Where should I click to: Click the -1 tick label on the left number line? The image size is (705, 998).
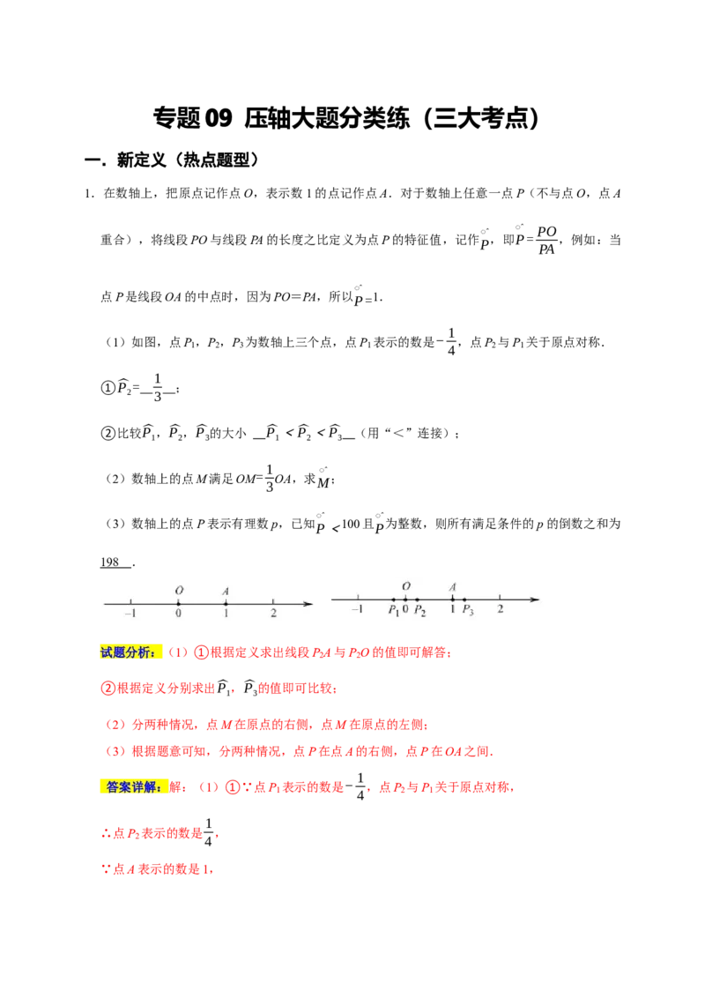click(x=130, y=613)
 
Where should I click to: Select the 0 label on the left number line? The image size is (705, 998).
click(x=178, y=613)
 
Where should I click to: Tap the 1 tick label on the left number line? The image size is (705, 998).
click(x=226, y=613)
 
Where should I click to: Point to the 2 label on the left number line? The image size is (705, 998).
click(x=273, y=613)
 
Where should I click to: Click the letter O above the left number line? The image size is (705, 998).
click(x=179, y=591)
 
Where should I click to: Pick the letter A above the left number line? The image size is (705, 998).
click(x=226, y=591)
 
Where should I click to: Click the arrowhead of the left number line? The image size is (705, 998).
click(x=308, y=604)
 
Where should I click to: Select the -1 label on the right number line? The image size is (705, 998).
click(x=357, y=609)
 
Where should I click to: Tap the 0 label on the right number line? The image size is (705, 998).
click(x=405, y=609)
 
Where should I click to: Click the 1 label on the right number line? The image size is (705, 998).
click(x=453, y=609)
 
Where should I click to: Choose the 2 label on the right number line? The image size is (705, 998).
click(x=501, y=609)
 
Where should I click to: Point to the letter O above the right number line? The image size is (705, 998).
click(x=406, y=586)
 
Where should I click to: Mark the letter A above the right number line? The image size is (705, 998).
click(x=453, y=586)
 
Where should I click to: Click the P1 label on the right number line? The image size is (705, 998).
click(x=393, y=610)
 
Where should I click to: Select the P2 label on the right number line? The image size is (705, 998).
click(x=420, y=610)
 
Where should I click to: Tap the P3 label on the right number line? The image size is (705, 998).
click(x=468, y=610)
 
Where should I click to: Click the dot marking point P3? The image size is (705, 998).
click(x=464, y=600)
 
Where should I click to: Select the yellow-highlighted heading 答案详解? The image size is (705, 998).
click(x=132, y=787)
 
